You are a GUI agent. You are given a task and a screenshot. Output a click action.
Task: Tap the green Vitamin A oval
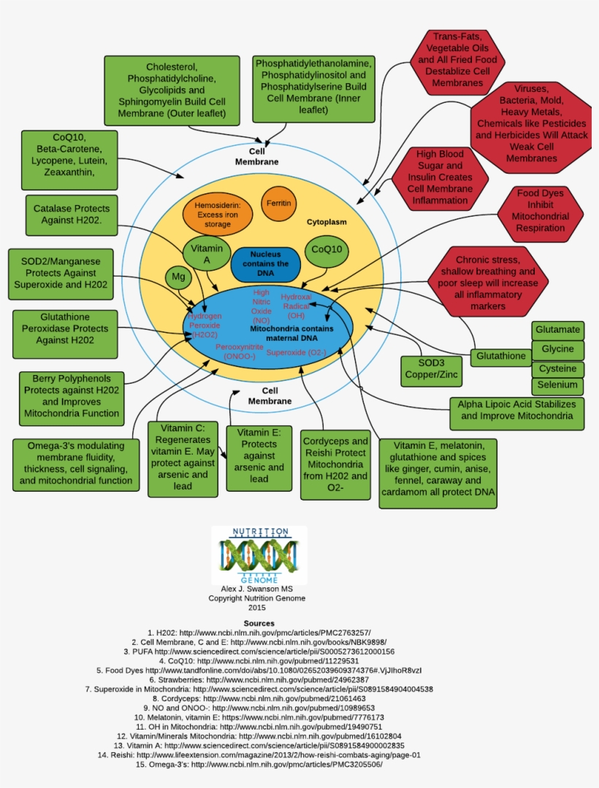(207, 253)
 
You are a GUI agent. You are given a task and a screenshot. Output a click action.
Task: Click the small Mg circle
(178, 277)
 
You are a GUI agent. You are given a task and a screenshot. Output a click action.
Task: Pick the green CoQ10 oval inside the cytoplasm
(327, 250)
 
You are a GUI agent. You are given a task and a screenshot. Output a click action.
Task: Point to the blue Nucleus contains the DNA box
(264, 264)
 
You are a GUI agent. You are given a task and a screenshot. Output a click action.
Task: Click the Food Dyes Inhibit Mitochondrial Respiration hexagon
(541, 210)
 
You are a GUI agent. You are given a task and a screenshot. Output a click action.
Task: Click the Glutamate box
(557, 330)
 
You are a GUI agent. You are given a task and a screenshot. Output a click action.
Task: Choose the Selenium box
(557, 385)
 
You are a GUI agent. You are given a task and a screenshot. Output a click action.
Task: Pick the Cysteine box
(557, 368)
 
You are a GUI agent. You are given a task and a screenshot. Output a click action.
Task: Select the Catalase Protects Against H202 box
(72, 215)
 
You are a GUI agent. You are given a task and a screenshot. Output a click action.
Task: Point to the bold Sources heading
(259, 623)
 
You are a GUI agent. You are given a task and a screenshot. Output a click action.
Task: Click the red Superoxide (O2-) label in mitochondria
(296, 352)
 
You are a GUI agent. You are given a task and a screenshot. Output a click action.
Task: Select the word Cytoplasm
(327, 222)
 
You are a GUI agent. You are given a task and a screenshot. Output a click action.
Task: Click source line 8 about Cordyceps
(259, 699)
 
